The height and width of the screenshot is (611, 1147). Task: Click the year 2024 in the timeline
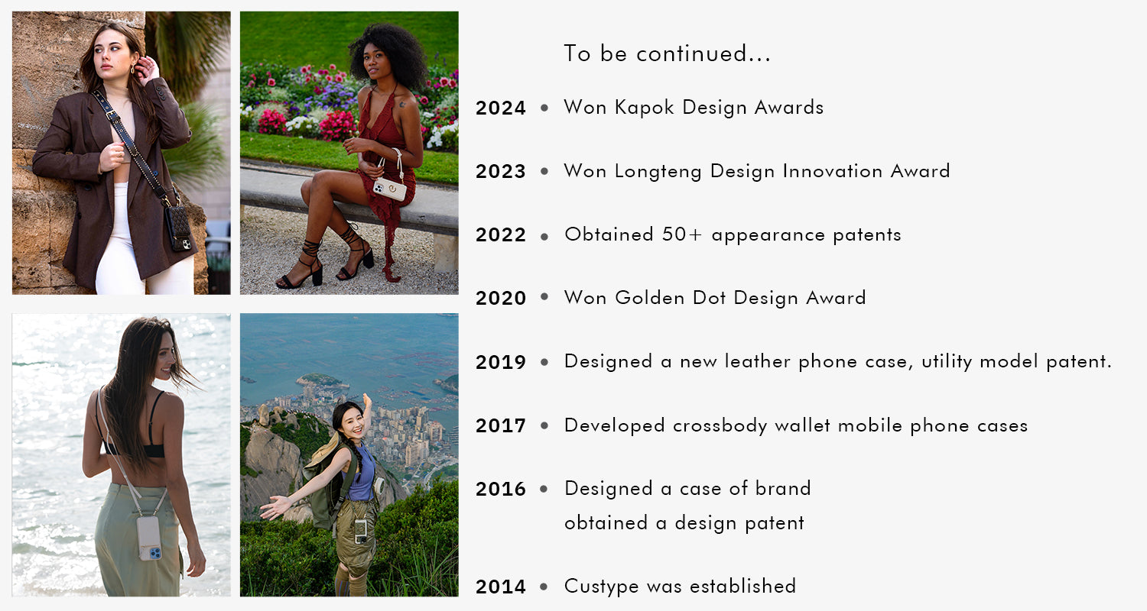click(x=500, y=108)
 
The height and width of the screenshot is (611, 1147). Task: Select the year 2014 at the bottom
click(x=500, y=587)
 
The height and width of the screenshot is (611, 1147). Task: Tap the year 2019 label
click(x=500, y=362)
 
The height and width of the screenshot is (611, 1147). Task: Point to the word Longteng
click(x=658, y=171)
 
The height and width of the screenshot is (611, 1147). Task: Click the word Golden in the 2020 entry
click(x=649, y=298)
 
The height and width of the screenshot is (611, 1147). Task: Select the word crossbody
click(x=720, y=425)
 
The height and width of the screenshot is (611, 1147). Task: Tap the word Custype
click(x=601, y=587)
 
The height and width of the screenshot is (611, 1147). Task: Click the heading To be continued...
click(x=667, y=53)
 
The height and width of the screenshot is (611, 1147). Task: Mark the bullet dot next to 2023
click(x=544, y=171)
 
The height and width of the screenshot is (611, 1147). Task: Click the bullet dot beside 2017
click(x=544, y=425)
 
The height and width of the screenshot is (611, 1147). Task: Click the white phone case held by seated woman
click(x=390, y=189)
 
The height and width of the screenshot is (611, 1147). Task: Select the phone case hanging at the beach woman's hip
click(x=150, y=538)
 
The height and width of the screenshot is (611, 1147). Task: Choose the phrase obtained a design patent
click(x=684, y=523)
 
